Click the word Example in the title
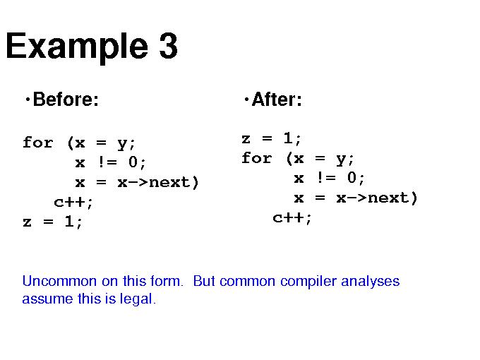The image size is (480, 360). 77,47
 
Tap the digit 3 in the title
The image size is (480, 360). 168,45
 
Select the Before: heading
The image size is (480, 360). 66,100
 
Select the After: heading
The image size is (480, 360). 277,100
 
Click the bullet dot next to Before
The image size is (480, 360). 28,100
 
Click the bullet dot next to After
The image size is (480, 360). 246,100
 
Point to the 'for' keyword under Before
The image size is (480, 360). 38,143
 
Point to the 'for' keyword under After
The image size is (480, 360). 256,158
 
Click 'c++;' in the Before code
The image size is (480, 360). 73,202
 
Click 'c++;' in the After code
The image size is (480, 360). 292,218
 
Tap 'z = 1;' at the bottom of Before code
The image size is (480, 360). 52,222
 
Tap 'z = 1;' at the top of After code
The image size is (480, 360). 271,138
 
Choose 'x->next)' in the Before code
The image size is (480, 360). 158,182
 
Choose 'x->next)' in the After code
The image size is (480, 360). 377,198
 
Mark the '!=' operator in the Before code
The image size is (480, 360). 107,162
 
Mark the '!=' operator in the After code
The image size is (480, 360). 326,178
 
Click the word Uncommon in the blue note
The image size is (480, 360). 59,281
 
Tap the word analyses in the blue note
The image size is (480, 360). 371,282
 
